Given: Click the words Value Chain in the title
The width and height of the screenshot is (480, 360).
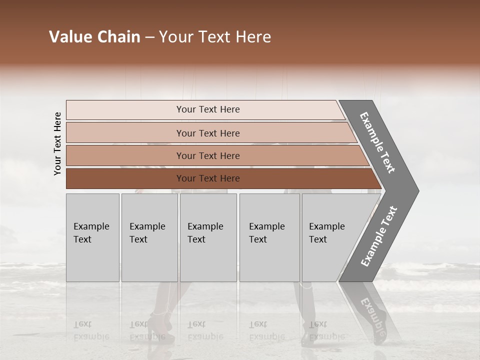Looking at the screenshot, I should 94,37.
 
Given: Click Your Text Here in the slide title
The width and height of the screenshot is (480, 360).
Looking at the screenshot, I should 215,37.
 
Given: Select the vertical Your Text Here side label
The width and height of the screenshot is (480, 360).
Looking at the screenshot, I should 57,143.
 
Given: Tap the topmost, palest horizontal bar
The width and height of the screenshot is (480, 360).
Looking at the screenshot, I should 207,109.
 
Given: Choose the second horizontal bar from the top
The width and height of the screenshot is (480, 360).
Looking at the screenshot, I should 207,133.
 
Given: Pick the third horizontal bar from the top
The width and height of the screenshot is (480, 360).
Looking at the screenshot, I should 207,155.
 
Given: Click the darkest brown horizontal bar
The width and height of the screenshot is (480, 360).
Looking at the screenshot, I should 207,178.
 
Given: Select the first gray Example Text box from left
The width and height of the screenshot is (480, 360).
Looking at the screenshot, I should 92,237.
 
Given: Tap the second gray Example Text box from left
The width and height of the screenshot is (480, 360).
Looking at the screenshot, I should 149,237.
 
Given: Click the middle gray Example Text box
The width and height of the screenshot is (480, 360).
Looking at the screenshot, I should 208,237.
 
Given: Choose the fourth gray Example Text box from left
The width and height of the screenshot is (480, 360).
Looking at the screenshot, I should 269,237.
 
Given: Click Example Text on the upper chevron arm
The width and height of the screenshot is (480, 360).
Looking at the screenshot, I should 378,142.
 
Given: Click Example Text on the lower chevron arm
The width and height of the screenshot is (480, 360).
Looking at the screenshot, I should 379,236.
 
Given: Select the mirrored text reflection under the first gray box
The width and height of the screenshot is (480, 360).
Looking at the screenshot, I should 91,330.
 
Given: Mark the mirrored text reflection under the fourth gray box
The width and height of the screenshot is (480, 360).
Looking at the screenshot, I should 266,330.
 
